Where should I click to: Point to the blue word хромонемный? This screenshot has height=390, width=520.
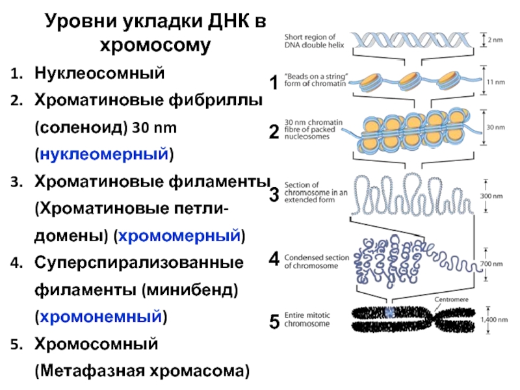point(100,317)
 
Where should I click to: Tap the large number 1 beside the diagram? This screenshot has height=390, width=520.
point(274,83)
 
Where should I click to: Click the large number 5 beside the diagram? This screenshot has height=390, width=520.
point(274,321)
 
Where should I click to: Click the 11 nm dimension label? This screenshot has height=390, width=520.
point(495,83)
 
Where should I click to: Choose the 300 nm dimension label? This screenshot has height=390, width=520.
point(496,195)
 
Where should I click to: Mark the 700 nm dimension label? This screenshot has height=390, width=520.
point(496,265)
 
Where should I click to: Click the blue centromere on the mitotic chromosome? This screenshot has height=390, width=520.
point(389,313)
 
